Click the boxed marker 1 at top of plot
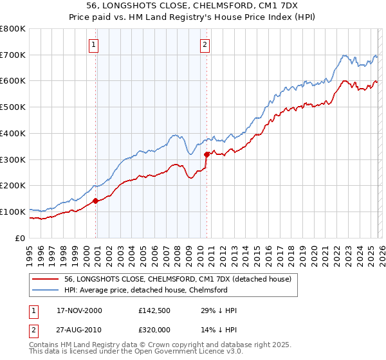[94, 45]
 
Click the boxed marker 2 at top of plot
[205, 45]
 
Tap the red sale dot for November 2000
[96, 201]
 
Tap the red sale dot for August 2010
[207, 154]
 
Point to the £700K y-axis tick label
[13, 55]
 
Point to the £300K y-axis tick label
[13, 159]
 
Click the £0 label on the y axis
[20, 238]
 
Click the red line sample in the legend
[46, 279]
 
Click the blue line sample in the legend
[46, 290]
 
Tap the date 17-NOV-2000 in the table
[79, 310]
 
